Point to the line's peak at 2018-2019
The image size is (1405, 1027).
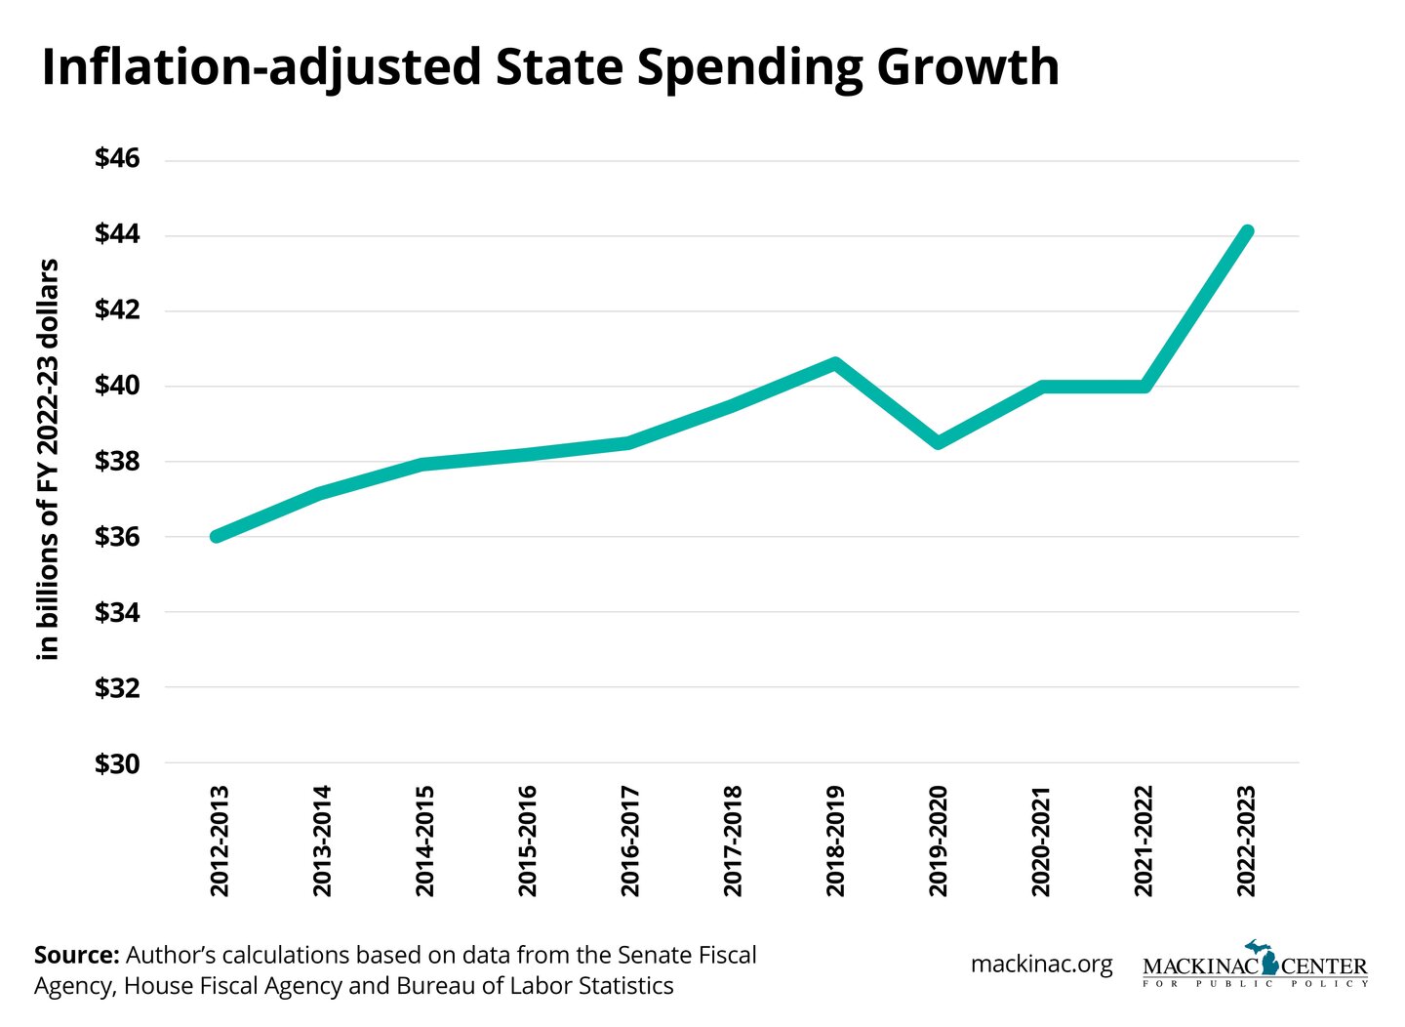835,364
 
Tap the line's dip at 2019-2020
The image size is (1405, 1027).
938,442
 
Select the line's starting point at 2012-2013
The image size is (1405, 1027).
217,536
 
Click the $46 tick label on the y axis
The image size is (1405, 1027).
117,158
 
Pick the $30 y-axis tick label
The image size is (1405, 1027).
117,763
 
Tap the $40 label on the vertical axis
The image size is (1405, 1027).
117,385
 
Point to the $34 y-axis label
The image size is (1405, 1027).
117,612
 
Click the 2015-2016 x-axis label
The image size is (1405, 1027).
527,841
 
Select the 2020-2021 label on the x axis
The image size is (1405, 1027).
1041,841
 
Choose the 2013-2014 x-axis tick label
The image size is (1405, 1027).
321,841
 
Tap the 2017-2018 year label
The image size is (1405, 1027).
733,841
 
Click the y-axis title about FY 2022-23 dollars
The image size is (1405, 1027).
48,460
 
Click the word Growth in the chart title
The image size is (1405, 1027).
967,67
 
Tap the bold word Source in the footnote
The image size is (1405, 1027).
76,955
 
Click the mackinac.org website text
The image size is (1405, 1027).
1041,965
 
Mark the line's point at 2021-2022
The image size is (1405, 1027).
1144,386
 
